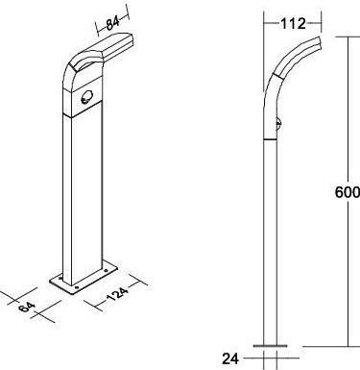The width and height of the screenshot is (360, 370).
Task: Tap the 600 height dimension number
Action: [x=347, y=191]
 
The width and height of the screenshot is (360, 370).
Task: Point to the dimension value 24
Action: [x=229, y=358]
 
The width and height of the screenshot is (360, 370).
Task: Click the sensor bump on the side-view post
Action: [x=279, y=122]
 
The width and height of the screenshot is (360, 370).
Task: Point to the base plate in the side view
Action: [x=273, y=344]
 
